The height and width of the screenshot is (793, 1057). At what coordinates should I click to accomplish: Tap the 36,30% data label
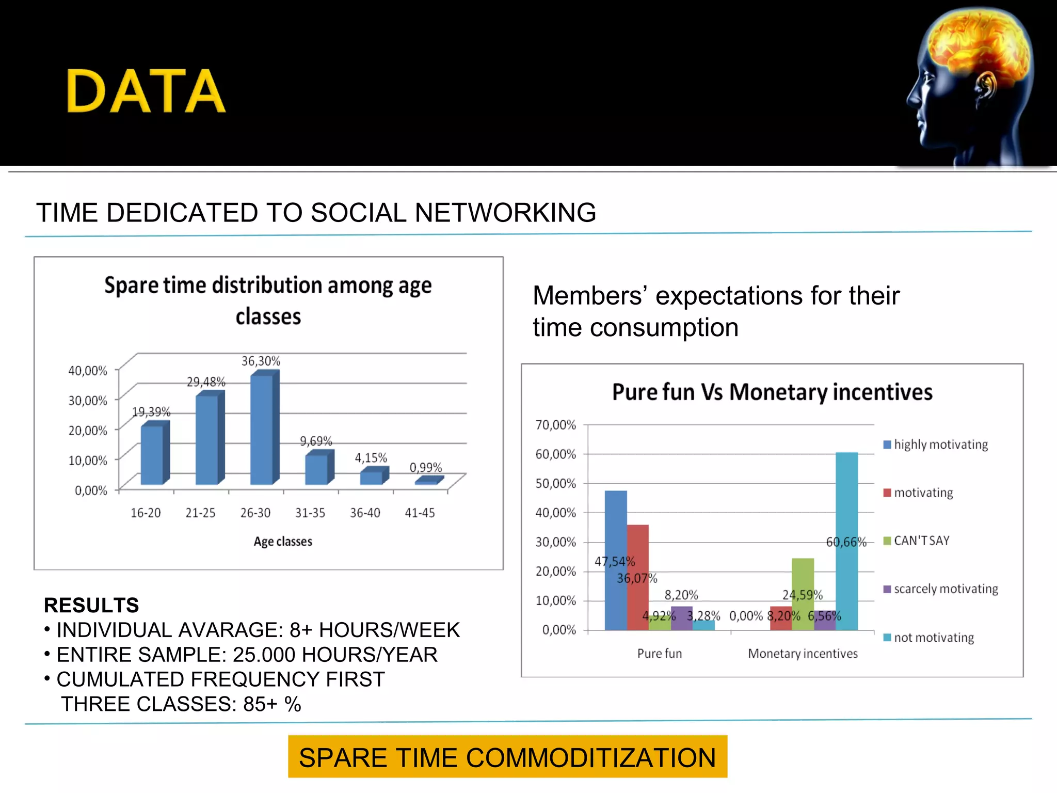(261, 361)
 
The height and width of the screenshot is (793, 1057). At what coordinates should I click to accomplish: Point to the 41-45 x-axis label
(420, 513)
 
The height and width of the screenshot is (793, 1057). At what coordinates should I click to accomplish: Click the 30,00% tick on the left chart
(88, 401)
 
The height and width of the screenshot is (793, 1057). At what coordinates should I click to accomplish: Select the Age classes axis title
(283, 541)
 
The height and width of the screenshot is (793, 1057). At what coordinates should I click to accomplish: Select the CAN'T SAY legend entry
(921, 541)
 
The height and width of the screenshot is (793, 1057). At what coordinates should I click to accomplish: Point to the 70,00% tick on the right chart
(555, 425)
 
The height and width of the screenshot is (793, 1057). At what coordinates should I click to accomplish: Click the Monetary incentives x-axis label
(803, 654)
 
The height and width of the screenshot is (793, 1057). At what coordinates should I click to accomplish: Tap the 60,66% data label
(845, 542)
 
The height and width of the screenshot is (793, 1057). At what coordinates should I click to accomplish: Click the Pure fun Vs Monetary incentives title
(772, 392)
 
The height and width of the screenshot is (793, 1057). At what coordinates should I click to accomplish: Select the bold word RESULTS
(91, 605)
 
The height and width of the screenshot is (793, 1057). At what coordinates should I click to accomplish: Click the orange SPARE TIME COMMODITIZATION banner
(507, 757)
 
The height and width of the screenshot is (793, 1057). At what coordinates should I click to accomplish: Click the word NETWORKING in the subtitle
(505, 213)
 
